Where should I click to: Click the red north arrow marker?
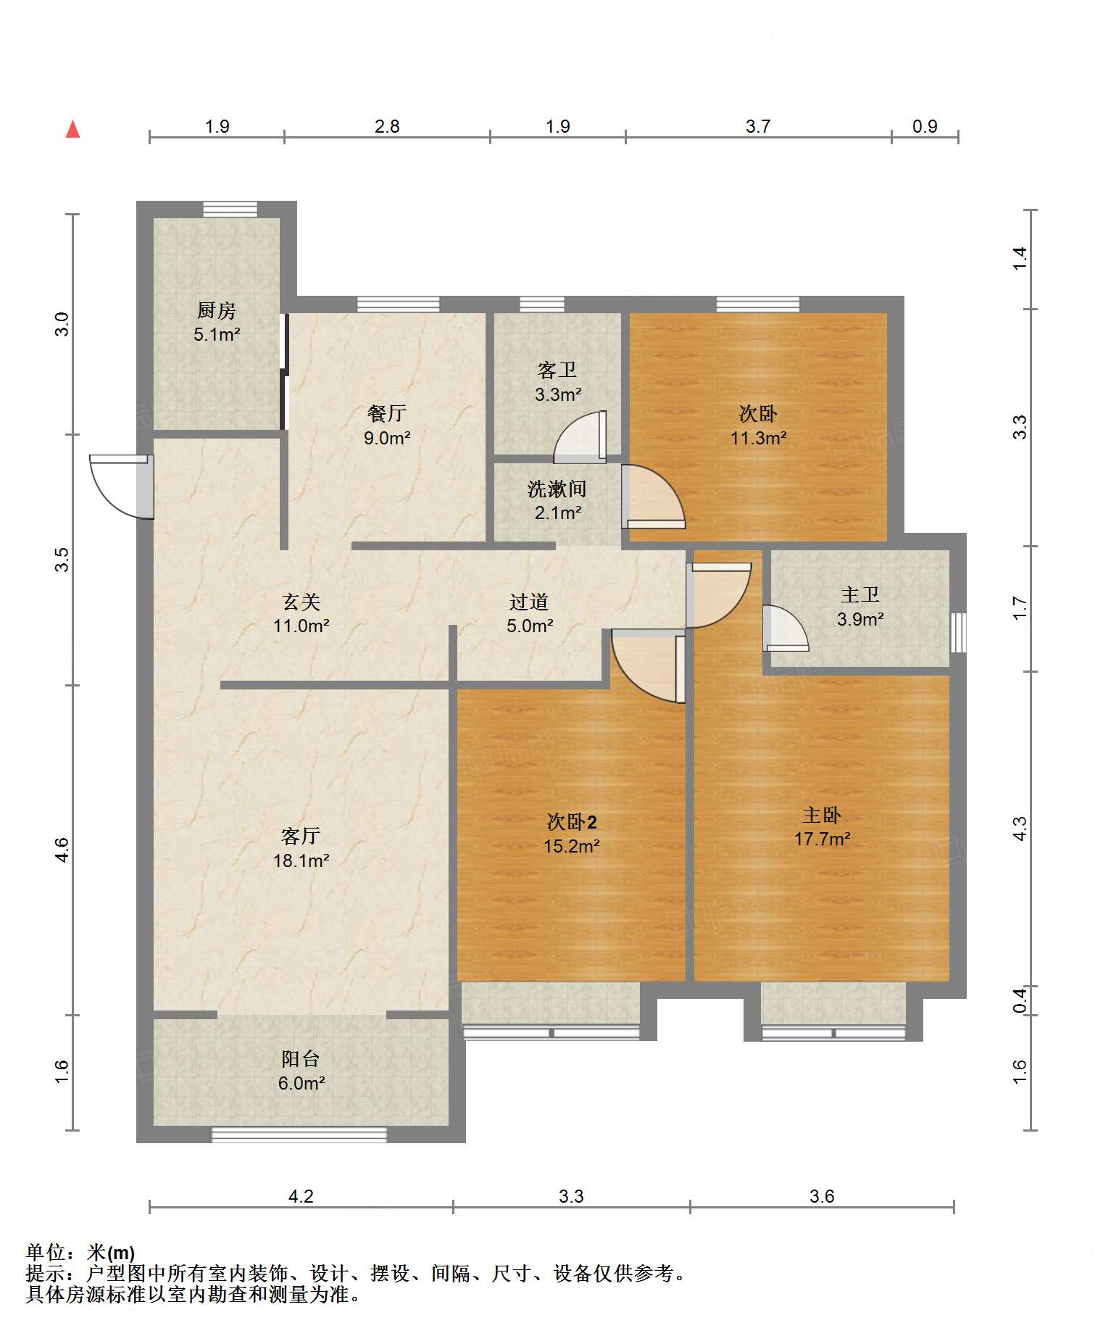point(72,130)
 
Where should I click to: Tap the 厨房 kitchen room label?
point(216,311)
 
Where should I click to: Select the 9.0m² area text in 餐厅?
point(387,438)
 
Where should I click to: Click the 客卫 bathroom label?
point(557,370)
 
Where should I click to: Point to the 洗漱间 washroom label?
point(557,489)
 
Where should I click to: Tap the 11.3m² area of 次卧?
point(758,438)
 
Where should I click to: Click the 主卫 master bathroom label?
point(860,595)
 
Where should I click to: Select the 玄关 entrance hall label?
point(301,602)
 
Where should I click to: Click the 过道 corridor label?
point(529,602)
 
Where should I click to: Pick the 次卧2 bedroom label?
point(572,821)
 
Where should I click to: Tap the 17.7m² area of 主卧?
point(822,839)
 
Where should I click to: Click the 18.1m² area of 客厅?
point(301,860)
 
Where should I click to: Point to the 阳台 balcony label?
point(301,1058)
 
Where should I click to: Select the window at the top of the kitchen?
point(230,210)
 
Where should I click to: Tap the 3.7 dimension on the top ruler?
point(757,127)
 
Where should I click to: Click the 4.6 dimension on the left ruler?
point(62,849)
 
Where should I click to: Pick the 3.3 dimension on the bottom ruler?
point(571,1196)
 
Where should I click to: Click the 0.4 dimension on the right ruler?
point(1020,1000)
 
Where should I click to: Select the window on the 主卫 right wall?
point(958,632)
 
